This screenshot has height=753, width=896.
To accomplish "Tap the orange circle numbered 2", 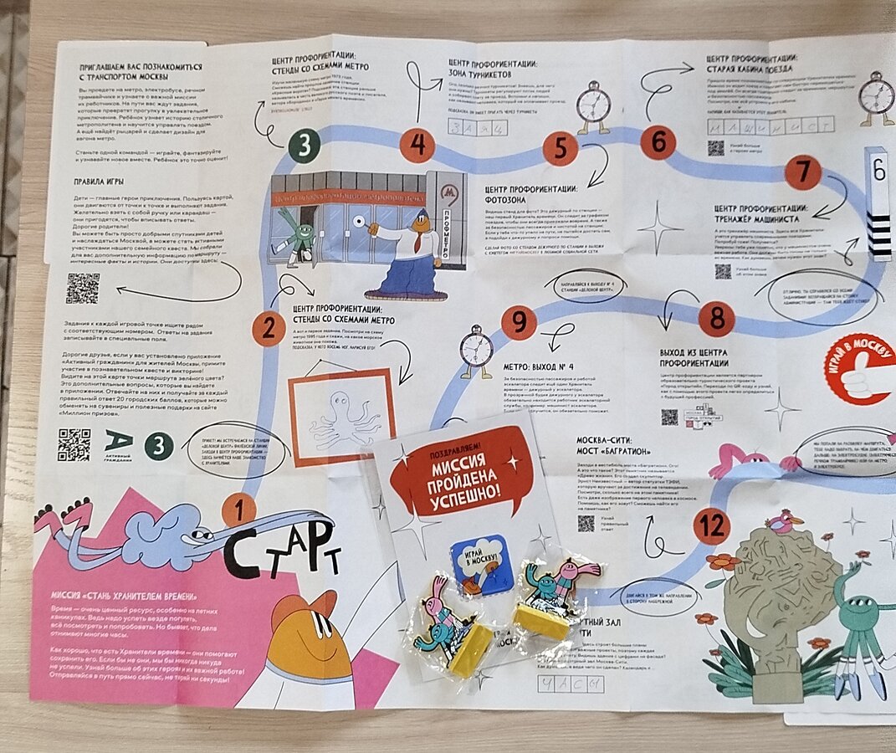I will [x=268, y=328].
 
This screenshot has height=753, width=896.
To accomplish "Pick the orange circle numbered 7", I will [x=803, y=172].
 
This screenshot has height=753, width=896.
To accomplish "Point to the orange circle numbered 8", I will [x=716, y=319].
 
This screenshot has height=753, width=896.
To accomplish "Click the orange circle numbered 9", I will [x=519, y=322].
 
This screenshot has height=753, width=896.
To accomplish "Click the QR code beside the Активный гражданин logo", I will [x=74, y=445].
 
